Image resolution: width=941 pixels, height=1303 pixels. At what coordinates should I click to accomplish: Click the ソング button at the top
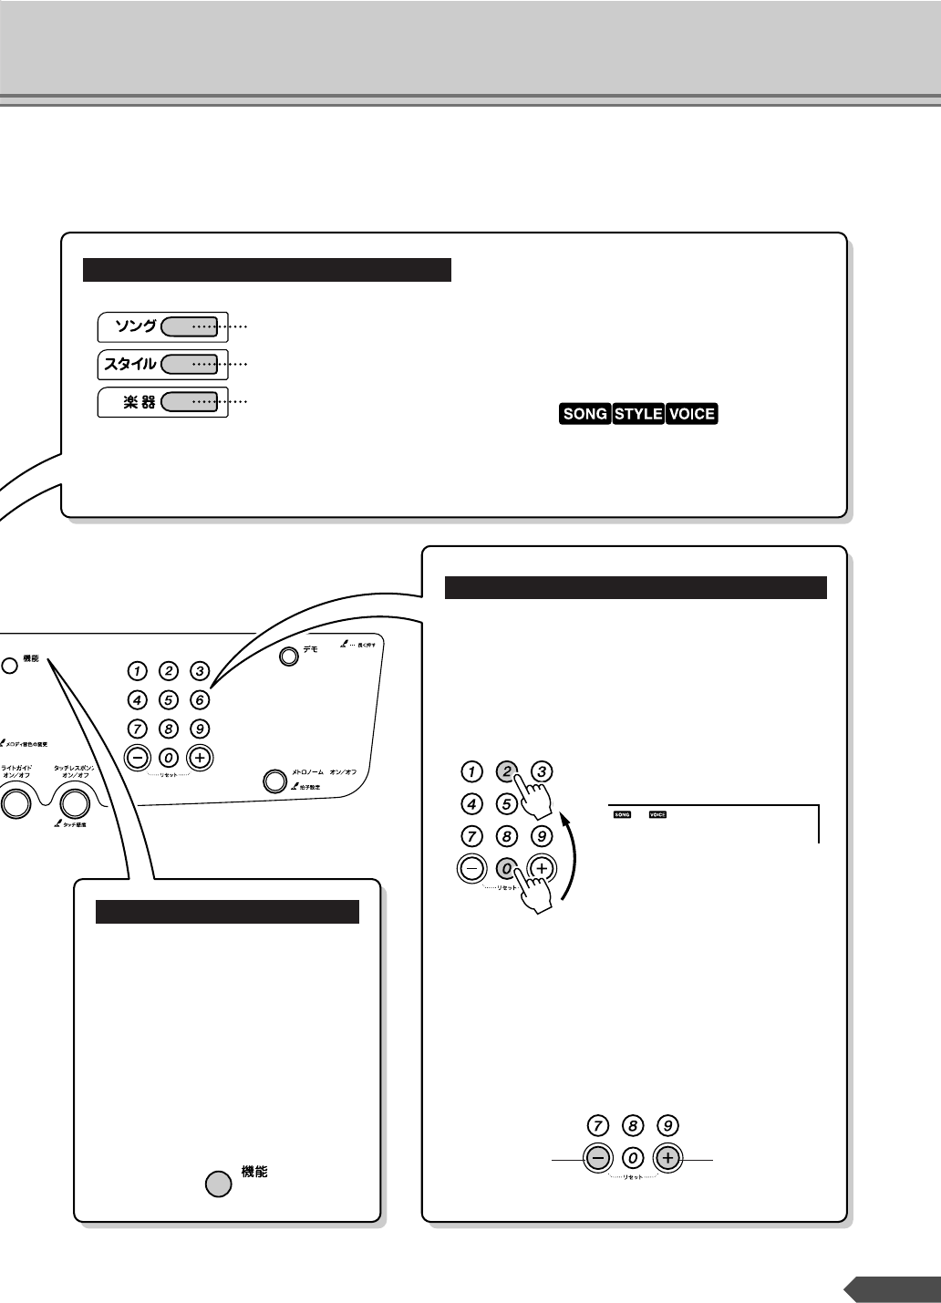[x=188, y=326]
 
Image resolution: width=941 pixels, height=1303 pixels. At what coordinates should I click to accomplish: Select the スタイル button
[x=188, y=364]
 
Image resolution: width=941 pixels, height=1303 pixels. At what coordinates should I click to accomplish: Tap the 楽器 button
[x=188, y=401]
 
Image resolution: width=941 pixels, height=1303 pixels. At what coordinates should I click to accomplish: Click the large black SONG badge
[x=585, y=414]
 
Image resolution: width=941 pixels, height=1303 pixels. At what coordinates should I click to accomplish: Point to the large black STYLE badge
[x=638, y=414]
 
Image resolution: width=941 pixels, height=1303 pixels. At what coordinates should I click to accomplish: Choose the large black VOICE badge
[x=692, y=414]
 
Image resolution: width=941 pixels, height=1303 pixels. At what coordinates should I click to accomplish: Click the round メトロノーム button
[x=274, y=781]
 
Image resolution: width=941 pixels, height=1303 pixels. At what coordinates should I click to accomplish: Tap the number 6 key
[x=201, y=700]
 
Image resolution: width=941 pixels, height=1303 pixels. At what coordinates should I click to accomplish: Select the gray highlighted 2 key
[x=506, y=771]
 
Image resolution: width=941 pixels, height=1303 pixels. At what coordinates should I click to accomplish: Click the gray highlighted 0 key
[x=506, y=869]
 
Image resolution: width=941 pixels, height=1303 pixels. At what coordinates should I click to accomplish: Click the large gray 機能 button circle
[x=217, y=1184]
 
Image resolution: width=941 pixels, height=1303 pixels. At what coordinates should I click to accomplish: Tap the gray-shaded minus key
[x=597, y=1158]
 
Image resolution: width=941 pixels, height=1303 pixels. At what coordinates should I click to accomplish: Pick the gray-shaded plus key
[x=667, y=1158]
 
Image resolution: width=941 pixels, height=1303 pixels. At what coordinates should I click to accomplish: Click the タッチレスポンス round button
[x=75, y=801]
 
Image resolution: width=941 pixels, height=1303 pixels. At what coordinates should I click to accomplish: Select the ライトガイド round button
[x=15, y=801]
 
